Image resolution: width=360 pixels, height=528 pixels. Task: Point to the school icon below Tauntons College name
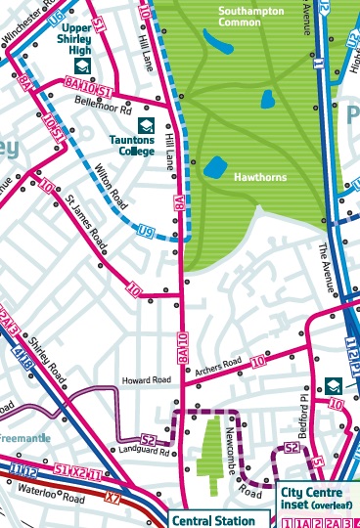pyautogui.click(x=146, y=125)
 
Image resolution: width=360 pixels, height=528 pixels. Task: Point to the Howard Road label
pyautogui.click(x=146, y=379)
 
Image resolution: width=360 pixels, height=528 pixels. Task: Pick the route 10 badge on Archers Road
pyautogui.click(x=258, y=363)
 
